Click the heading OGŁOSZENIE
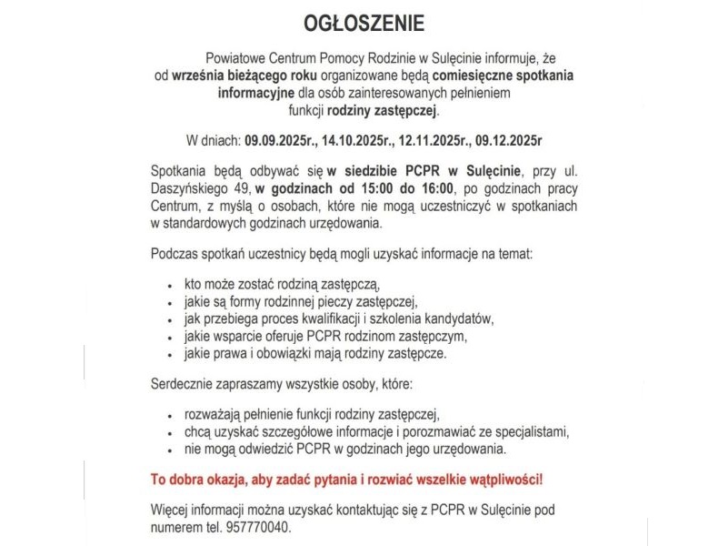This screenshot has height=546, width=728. [x=363, y=21]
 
